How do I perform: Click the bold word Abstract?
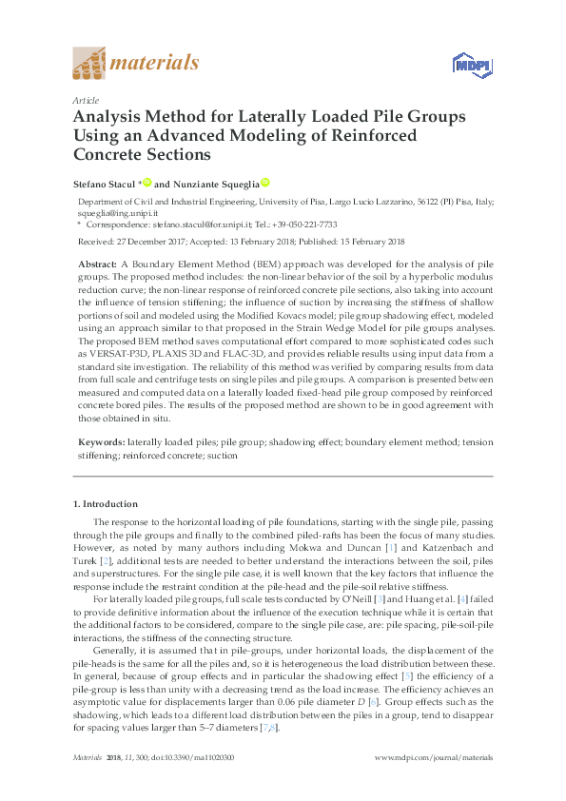click(x=96, y=262)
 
